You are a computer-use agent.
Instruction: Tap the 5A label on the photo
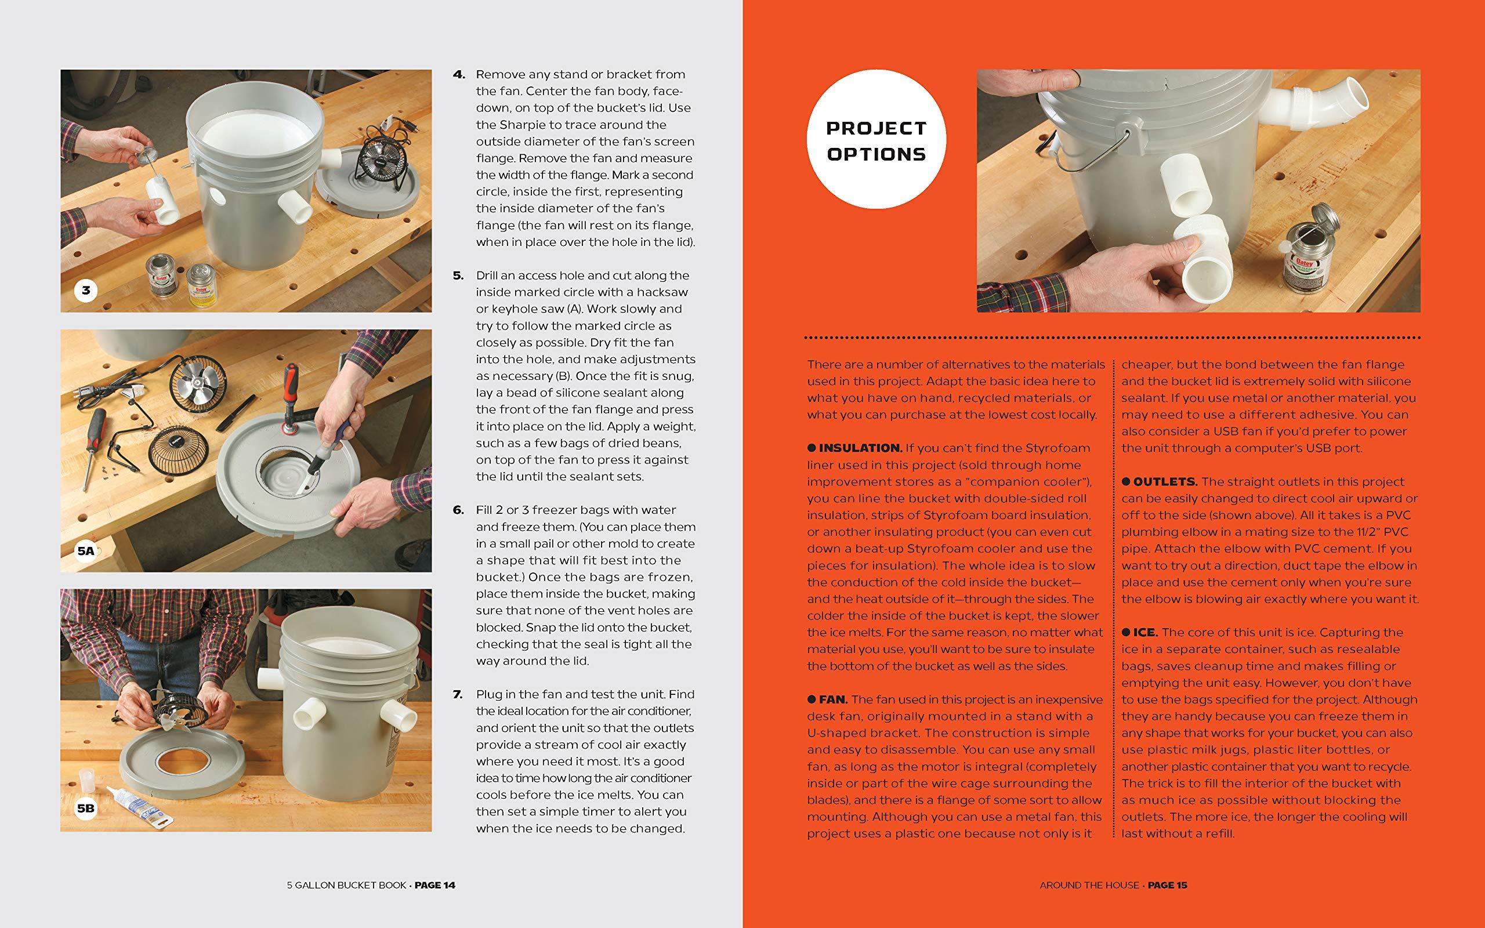[x=86, y=550]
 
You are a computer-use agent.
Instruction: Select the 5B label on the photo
[x=86, y=809]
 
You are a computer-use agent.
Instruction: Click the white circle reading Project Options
[x=876, y=140]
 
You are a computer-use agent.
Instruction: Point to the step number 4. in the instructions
[x=459, y=74]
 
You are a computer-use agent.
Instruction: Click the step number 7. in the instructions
[x=458, y=694]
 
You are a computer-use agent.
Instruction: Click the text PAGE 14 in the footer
[x=435, y=885]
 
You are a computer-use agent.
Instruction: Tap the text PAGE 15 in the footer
[x=1168, y=885]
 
